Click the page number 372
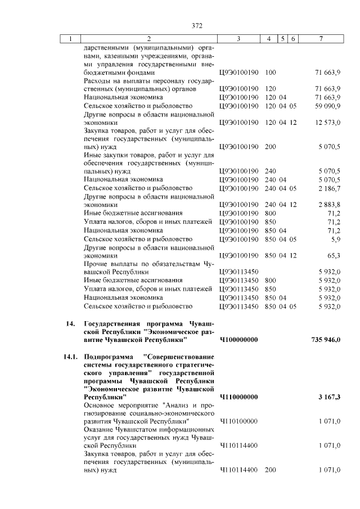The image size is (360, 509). [x=196, y=25]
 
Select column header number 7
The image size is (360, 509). [x=320, y=39]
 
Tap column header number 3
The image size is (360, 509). [x=238, y=39]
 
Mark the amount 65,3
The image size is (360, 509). [x=334, y=255]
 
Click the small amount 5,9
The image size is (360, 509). [x=336, y=238]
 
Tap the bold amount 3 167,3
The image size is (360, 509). [x=329, y=397]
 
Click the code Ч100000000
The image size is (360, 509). [x=238, y=340]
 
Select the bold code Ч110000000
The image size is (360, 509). [x=238, y=397]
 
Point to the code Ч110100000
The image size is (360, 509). [x=238, y=421]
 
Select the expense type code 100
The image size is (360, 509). [x=270, y=73]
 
